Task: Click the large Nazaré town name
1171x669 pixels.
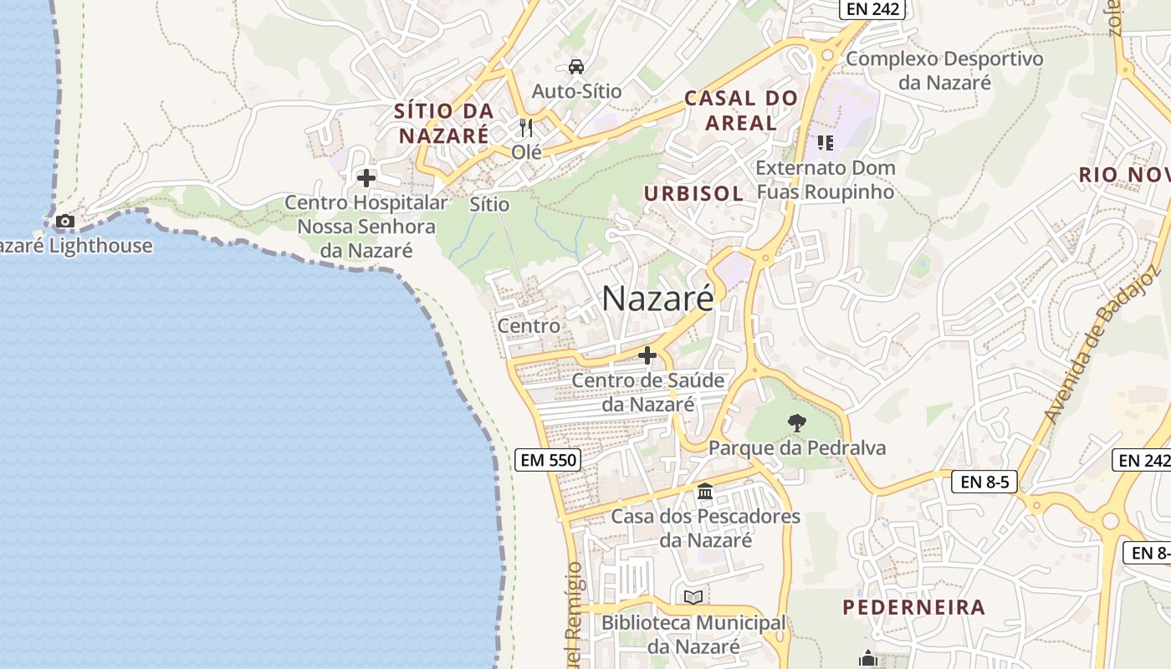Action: (x=658, y=299)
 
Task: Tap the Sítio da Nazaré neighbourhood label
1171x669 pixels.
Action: (x=443, y=123)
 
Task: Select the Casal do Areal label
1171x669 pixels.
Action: (x=741, y=110)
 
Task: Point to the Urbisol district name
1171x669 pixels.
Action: (x=693, y=193)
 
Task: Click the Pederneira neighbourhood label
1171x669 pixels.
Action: (x=913, y=607)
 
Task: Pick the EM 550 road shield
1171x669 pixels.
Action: (x=548, y=459)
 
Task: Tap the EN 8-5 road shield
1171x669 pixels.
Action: (x=984, y=482)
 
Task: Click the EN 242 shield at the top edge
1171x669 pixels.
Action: (x=873, y=9)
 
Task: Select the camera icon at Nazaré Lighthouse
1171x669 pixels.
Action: (x=64, y=222)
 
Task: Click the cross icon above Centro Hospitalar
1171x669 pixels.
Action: (x=366, y=178)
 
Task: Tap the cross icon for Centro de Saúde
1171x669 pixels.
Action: (x=647, y=355)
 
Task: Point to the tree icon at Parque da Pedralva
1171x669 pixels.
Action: (x=796, y=423)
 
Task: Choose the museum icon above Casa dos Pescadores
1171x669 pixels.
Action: (x=705, y=492)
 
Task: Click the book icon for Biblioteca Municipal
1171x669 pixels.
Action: (x=693, y=597)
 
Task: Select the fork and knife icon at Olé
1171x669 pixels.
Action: (x=526, y=127)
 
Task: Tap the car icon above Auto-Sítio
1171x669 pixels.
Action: (x=576, y=66)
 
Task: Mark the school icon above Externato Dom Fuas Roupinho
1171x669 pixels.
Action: (x=826, y=143)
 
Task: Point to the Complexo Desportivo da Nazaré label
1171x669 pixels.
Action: (x=944, y=70)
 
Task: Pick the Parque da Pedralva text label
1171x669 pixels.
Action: (x=797, y=448)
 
